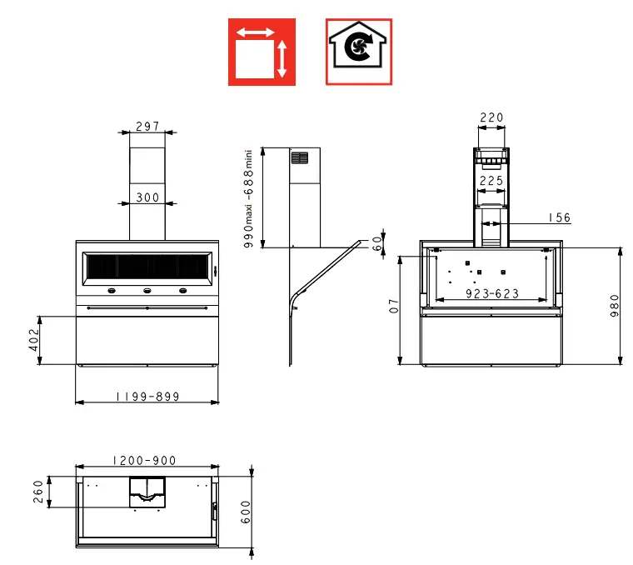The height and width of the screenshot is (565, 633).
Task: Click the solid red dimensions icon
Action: [x=262, y=52]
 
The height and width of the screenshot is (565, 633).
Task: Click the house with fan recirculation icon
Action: [x=358, y=52]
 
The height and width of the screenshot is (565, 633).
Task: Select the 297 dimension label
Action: [x=147, y=127]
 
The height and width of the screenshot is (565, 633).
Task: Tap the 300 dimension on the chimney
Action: [x=147, y=197]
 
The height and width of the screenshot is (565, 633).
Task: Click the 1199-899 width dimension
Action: [x=147, y=397]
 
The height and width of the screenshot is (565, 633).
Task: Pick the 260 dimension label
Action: [x=37, y=492]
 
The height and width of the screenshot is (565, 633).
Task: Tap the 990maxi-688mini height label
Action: [x=247, y=197]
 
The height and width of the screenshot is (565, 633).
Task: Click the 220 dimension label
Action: [x=491, y=117]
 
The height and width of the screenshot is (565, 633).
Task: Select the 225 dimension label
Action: [x=491, y=180]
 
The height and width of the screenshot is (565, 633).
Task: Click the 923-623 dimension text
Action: [x=492, y=293]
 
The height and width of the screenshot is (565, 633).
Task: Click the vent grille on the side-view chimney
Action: [x=299, y=157]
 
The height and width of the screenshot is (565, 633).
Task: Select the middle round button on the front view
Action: [x=147, y=291]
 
